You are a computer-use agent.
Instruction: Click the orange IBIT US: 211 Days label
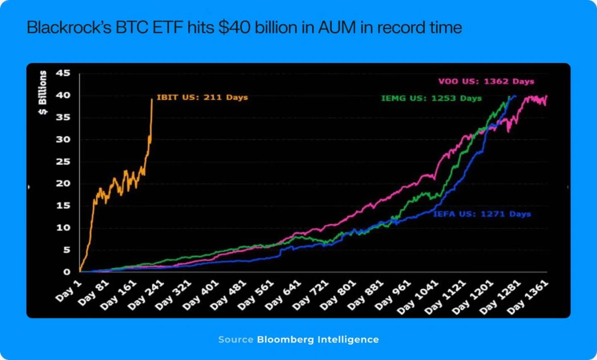tap(202, 97)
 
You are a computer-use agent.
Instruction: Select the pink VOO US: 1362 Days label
tap(486, 81)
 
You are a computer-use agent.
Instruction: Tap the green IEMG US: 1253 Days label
tap(431, 98)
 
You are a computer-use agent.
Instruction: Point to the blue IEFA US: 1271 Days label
tap(482, 214)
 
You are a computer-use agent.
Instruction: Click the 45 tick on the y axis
tap(63, 73)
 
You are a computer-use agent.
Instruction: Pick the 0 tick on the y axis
tap(67, 272)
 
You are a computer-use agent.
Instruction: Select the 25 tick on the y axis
tap(63, 162)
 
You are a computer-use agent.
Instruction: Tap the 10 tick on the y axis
tap(63, 228)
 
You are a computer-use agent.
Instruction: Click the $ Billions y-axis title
tap(43, 92)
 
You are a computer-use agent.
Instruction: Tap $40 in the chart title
tap(235, 28)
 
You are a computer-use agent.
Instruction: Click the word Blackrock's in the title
tap(69, 28)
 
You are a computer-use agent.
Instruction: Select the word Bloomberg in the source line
tap(285, 340)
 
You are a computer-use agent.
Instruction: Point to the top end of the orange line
tap(152, 99)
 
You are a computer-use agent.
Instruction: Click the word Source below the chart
tap(235, 340)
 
